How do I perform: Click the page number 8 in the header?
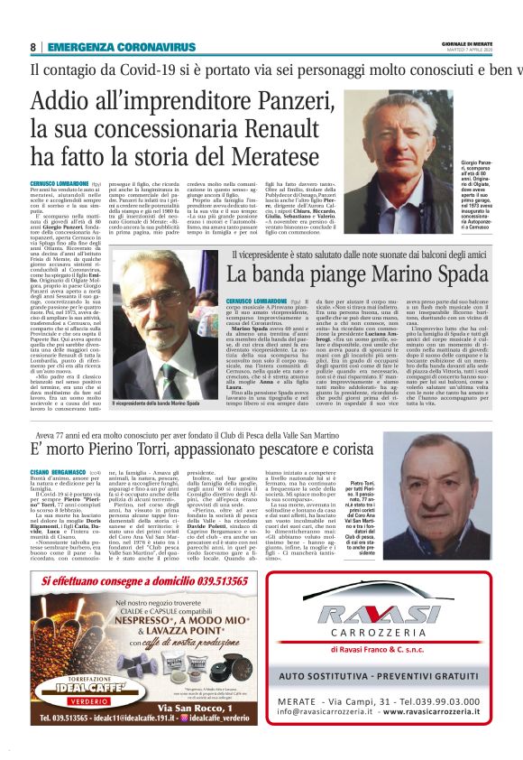click(x=33, y=47)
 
